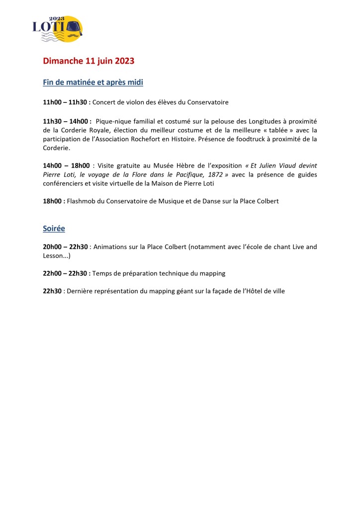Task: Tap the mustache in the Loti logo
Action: (x=73, y=35)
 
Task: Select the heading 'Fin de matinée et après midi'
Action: (x=93, y=82)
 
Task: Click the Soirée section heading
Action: (x=54, y=229)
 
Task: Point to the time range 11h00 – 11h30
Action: (x=65, y=102)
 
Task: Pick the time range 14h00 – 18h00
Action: (x=66, y=166)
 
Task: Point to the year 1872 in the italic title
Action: (x=214, y=174)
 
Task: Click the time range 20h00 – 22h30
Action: (x=65, y=247)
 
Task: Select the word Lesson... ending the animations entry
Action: (x=57, y=255)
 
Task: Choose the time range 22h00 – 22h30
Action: (x=66, y=273)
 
